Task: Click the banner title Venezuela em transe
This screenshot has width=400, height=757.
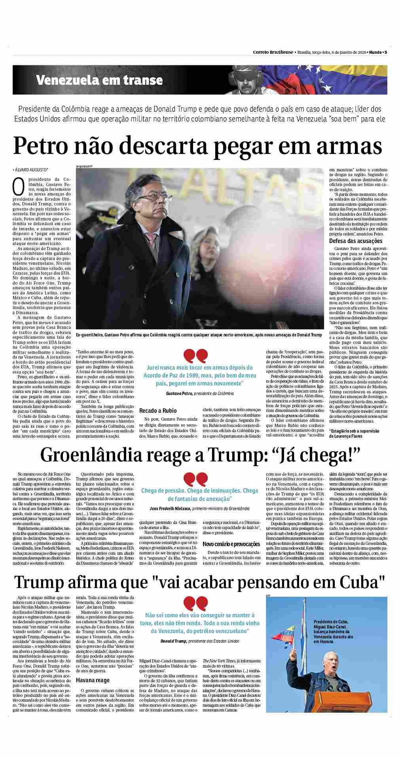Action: point(99,80)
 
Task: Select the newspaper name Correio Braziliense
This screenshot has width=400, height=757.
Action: point(273,52)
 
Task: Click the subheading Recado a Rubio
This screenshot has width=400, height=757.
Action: point(158,410)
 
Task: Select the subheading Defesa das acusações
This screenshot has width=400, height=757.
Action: point(356,241)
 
